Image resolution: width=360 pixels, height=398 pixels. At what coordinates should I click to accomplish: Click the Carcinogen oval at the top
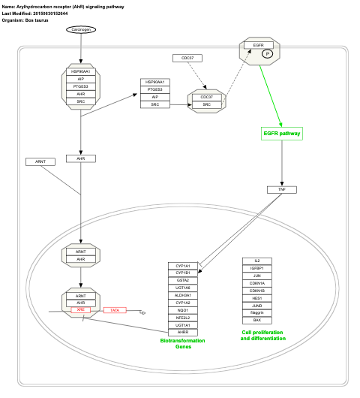[80, 29]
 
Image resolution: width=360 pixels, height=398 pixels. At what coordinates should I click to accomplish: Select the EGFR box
[258, 45]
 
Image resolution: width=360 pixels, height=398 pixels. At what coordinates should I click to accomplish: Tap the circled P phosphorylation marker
[265, 54]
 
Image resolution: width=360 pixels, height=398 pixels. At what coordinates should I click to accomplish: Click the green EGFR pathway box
[281, 134]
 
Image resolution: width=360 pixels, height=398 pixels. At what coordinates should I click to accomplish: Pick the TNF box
[282, 189]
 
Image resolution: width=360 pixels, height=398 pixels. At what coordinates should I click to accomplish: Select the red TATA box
[115, 310]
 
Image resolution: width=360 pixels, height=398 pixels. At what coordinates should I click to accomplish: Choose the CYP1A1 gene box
[183, 266]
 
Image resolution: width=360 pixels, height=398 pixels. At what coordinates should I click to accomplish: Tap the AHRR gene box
[183, 331]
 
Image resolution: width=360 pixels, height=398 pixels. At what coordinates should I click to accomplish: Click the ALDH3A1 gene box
[183, 295]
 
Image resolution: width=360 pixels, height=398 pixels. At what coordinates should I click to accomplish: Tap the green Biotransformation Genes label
[183, 343]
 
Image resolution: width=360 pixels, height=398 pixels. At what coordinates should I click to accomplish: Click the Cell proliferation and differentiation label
[263, 335]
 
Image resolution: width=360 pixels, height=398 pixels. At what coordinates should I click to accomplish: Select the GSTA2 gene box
[183, 280]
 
